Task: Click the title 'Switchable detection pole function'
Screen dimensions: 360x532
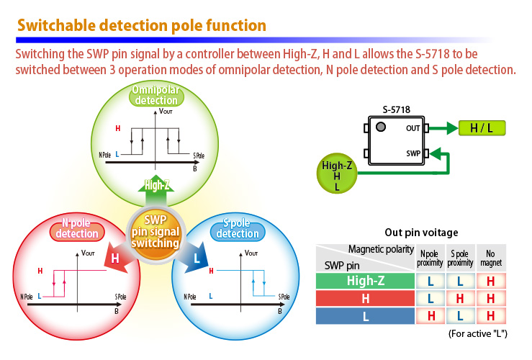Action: click(142, 25)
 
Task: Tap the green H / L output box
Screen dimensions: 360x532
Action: click(482, 128)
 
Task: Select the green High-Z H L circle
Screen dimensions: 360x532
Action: click(337, 176)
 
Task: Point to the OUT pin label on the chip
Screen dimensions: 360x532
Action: click(413, 128)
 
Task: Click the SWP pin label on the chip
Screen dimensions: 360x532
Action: click(412, 153)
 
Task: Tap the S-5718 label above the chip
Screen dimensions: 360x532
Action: click(396, 109)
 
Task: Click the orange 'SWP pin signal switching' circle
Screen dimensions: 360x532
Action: click(155, 231)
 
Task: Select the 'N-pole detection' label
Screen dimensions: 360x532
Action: click(77, 228)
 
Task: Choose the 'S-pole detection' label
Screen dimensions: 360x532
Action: click(238, 228)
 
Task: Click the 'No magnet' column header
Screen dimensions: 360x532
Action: click(491, 258)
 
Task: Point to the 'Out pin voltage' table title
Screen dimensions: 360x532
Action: click(421, 232)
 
